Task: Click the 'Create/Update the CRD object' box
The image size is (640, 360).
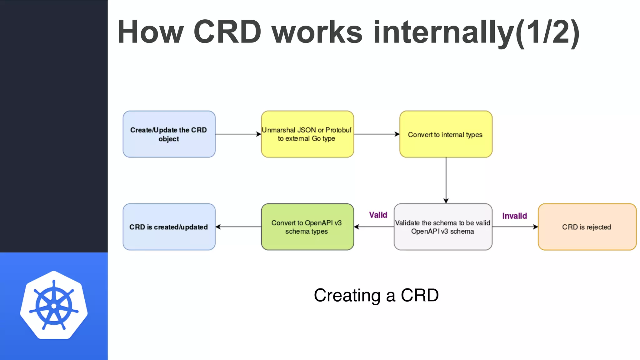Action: click(x=169, y=134)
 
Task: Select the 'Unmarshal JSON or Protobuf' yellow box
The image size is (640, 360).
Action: click(x=307, y=134)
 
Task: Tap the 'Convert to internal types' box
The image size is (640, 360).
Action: click(x=446, y=134)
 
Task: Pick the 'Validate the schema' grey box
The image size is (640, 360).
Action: click(x=443, y=227)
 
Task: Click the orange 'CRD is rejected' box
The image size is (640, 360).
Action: click(x=587, y=227)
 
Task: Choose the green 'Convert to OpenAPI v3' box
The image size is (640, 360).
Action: click(x=307, y=227)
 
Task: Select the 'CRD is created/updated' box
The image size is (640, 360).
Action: click(x=169, y=227)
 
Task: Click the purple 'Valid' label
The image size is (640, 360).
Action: click(x=378, y=215)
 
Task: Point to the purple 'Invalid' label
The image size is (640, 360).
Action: click(x=514, y=216)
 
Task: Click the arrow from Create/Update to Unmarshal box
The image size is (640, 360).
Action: click(x=238, y=134)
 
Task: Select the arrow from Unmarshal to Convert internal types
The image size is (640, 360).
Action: click(x=377, y=134)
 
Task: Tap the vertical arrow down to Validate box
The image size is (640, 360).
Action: click(x=446, y=180)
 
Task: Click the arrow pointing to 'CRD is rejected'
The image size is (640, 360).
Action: click(x=515, y=227)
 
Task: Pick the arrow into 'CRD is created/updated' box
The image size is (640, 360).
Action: click(x=238, y=227)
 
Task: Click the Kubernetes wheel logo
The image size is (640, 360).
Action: click(x=54, y=305)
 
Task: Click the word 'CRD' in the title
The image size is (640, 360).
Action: click(x=227, y=32)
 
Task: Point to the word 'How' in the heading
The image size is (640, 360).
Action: click(x=150, y=32)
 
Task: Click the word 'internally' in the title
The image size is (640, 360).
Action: click(x=444, y=32)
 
